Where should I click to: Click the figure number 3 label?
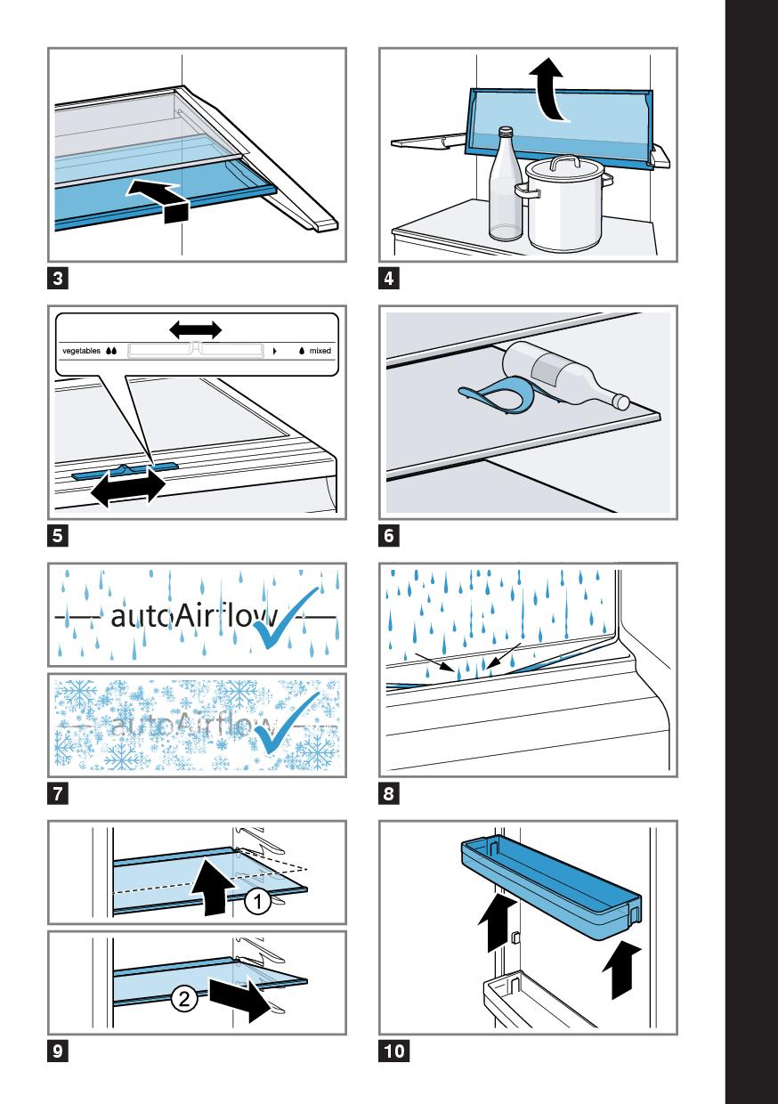pyautogui.click(x=57, y=279)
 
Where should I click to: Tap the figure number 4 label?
pyautogui.click(x=389, y=279)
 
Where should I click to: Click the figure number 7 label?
pyautogui.click(x=57, y=792)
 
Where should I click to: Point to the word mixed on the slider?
pyautogui.click(x=320, y=352)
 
